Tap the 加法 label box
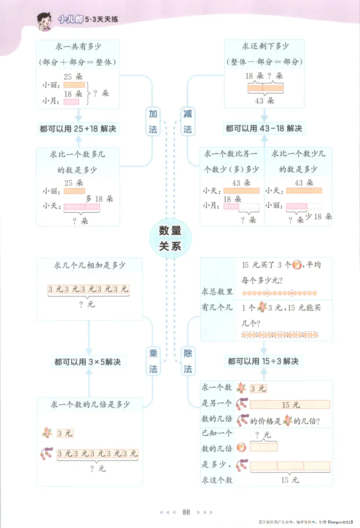coord(153,122)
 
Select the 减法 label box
coord(188,122)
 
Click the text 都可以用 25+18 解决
coord(78,129)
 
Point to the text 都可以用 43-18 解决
coord(264,129)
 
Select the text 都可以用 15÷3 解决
coord(263,361)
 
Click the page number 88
coord(186,512)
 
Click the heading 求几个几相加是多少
coord(89,265)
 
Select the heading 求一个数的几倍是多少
coord(90,405)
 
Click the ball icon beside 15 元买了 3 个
coord(298,265)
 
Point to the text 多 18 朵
coord(99,199)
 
